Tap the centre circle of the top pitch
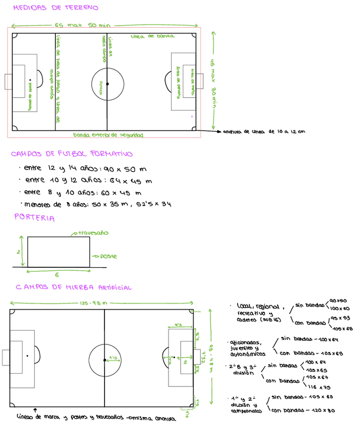click(x=108, y=83)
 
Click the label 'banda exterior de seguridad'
click(x=108, y=135)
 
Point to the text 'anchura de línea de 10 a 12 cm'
click(x=264, y=132)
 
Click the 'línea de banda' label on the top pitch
click(x=152, y=37)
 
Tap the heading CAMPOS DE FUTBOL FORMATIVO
click(x=72, y=154)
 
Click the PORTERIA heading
click(x=35, y=218)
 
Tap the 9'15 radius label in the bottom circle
click(x=113, y=358)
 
